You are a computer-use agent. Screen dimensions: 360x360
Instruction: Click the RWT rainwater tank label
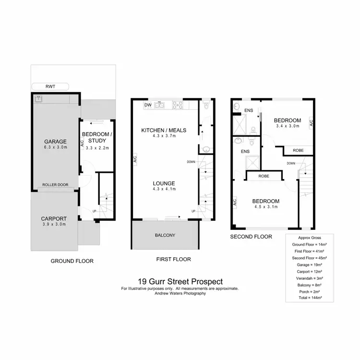50,87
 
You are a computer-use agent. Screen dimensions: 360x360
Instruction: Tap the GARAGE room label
55,141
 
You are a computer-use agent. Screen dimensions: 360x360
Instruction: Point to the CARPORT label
54,218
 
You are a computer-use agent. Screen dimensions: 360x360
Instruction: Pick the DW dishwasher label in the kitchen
148,105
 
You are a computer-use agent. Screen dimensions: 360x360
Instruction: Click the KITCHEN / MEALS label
164,130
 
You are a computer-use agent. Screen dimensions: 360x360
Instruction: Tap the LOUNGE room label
164,183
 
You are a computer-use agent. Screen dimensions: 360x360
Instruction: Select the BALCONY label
165,235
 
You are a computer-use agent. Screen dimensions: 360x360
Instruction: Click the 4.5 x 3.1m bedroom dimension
265,207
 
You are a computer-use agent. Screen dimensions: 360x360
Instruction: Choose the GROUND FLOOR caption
72,261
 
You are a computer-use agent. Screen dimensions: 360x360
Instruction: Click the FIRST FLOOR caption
173,259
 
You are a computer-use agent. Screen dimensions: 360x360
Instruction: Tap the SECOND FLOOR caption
251,237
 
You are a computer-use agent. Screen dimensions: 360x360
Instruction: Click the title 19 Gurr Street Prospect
180,282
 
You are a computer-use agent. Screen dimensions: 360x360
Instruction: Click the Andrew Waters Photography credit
180,293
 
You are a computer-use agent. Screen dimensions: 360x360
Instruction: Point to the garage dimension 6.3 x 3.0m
55,147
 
